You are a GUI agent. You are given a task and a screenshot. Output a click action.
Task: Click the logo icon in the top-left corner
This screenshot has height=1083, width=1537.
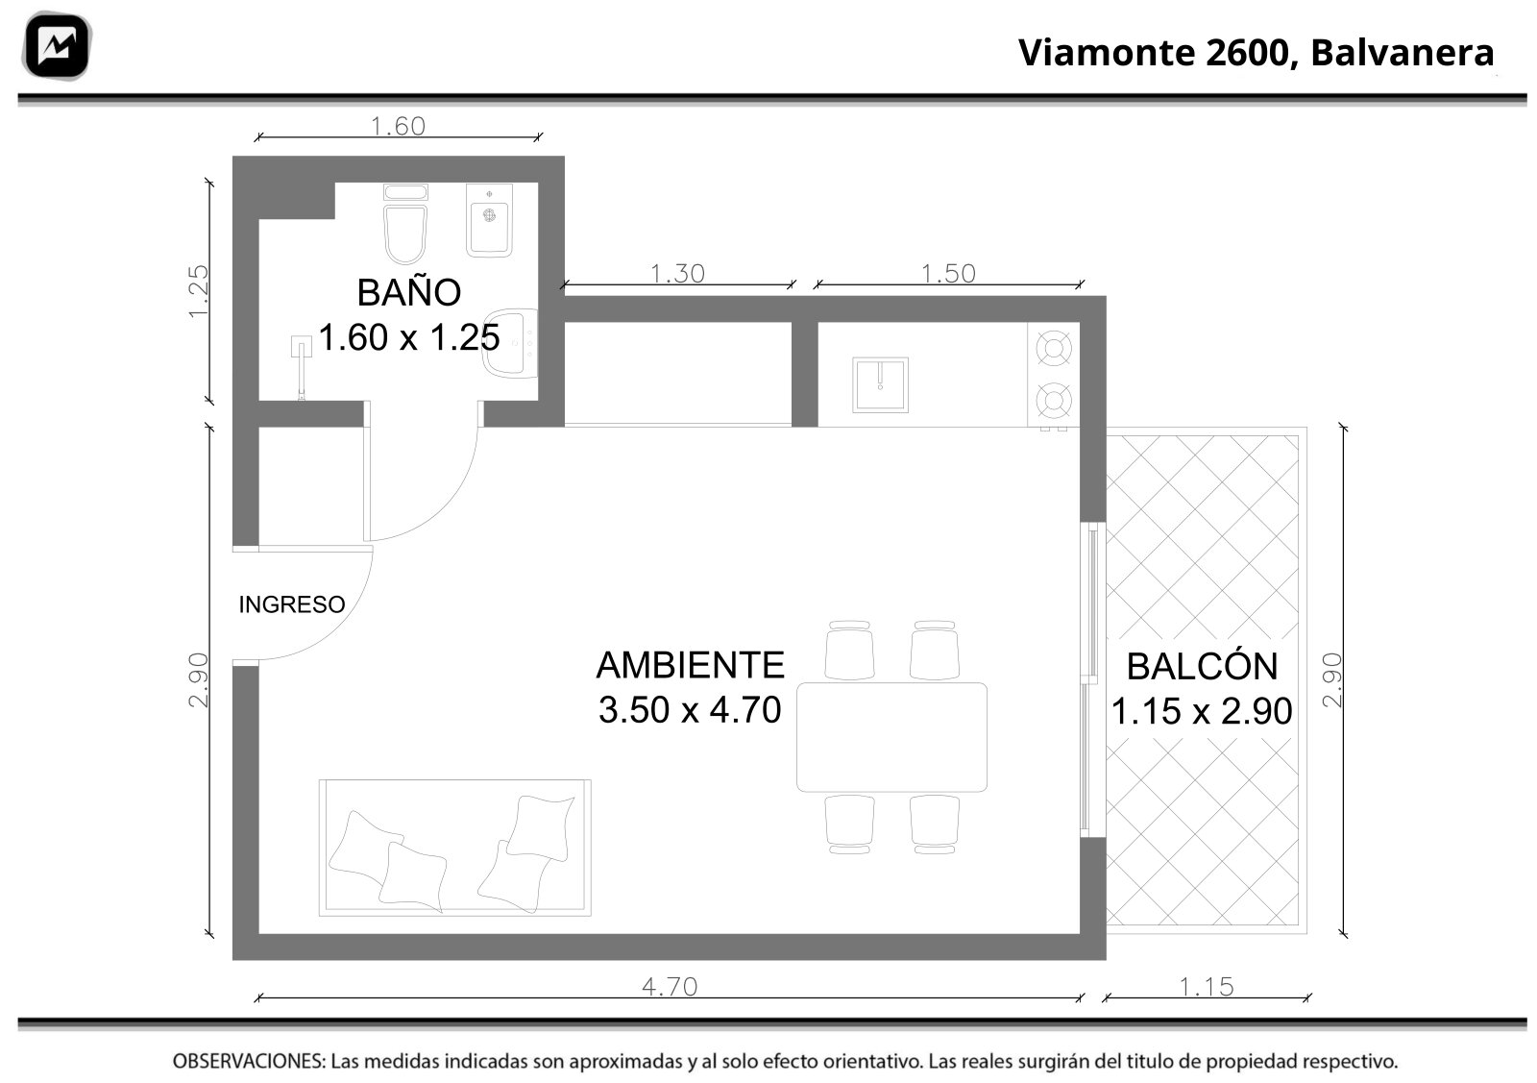[x=57, y=46]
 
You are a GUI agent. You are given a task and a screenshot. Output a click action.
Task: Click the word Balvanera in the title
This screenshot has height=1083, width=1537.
[x=1403, y=53]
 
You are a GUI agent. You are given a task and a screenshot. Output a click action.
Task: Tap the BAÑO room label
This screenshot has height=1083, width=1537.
[x=409, y=292]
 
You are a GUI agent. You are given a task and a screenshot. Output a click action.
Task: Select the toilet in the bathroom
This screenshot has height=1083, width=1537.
[x=405, y=224]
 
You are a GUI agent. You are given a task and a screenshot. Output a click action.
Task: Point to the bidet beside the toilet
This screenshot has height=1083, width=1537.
[x=489, y=220]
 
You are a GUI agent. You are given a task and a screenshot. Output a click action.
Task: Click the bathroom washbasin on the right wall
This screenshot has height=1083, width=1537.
[x=511, y=342]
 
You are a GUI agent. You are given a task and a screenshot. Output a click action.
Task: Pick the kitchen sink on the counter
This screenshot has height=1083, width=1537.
[x=880, y=385]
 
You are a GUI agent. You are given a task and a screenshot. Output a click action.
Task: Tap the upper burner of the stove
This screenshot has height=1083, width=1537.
[x=1054, y=348]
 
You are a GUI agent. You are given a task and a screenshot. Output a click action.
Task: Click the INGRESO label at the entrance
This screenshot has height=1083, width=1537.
[x=292, y=604]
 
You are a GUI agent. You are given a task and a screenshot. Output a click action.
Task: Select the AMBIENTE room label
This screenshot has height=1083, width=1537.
[x=691, y=664]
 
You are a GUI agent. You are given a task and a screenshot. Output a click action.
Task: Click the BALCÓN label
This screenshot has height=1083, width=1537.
[x=1202, y=666]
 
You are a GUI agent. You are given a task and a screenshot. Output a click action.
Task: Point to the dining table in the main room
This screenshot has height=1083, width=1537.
[x=892, y=737]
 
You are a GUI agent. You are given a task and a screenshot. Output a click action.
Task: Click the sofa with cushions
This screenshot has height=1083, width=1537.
[x=455, y=848]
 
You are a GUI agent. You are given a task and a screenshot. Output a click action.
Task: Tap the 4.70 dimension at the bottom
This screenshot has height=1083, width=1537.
[x=670, y=986]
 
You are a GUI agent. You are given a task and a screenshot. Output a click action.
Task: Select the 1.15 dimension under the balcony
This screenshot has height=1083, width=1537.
[x=1207, y=986]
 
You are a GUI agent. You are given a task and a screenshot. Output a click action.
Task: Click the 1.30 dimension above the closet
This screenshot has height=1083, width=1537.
[x=677, y=274]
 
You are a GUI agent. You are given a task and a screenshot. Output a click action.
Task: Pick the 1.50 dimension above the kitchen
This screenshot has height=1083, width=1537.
[x=948, y=274]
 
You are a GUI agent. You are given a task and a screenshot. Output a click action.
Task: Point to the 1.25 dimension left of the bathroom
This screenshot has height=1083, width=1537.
[x=198, y=291]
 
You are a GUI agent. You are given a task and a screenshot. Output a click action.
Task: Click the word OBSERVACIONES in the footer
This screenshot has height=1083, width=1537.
[x=249, y=1061]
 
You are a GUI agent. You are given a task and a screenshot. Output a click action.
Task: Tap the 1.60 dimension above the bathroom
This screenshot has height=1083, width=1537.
[x=398, y=126]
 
